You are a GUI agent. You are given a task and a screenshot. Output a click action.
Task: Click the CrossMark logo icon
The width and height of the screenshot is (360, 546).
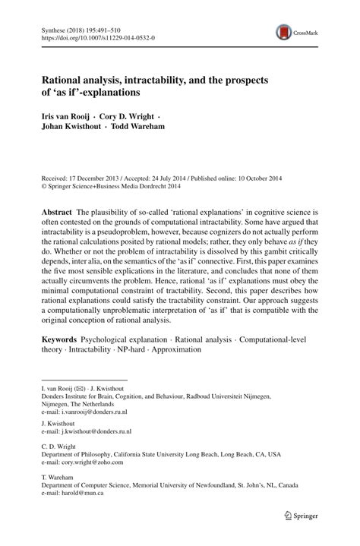[285, 31]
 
